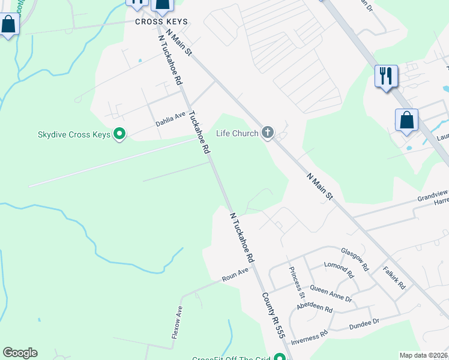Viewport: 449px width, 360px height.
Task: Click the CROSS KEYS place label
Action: [x=161, y=22]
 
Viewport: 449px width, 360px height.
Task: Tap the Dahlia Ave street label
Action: [x=171, y=118]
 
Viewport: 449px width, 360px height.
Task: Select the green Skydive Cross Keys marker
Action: [x=119, y=134]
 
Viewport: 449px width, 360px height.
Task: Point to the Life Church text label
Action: [x=237, y=133]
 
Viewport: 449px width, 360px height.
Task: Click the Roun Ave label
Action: [x=235, y=275]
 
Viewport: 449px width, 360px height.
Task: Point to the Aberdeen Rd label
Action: [x=315, y=308]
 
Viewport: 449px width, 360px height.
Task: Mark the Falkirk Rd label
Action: [x=394, y=278]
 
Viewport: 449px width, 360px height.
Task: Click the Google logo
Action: [x=20, y=353]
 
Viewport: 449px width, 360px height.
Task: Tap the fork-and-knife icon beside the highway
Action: [x=385, y=76]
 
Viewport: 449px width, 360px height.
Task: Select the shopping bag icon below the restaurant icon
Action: [x=406, y=120]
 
